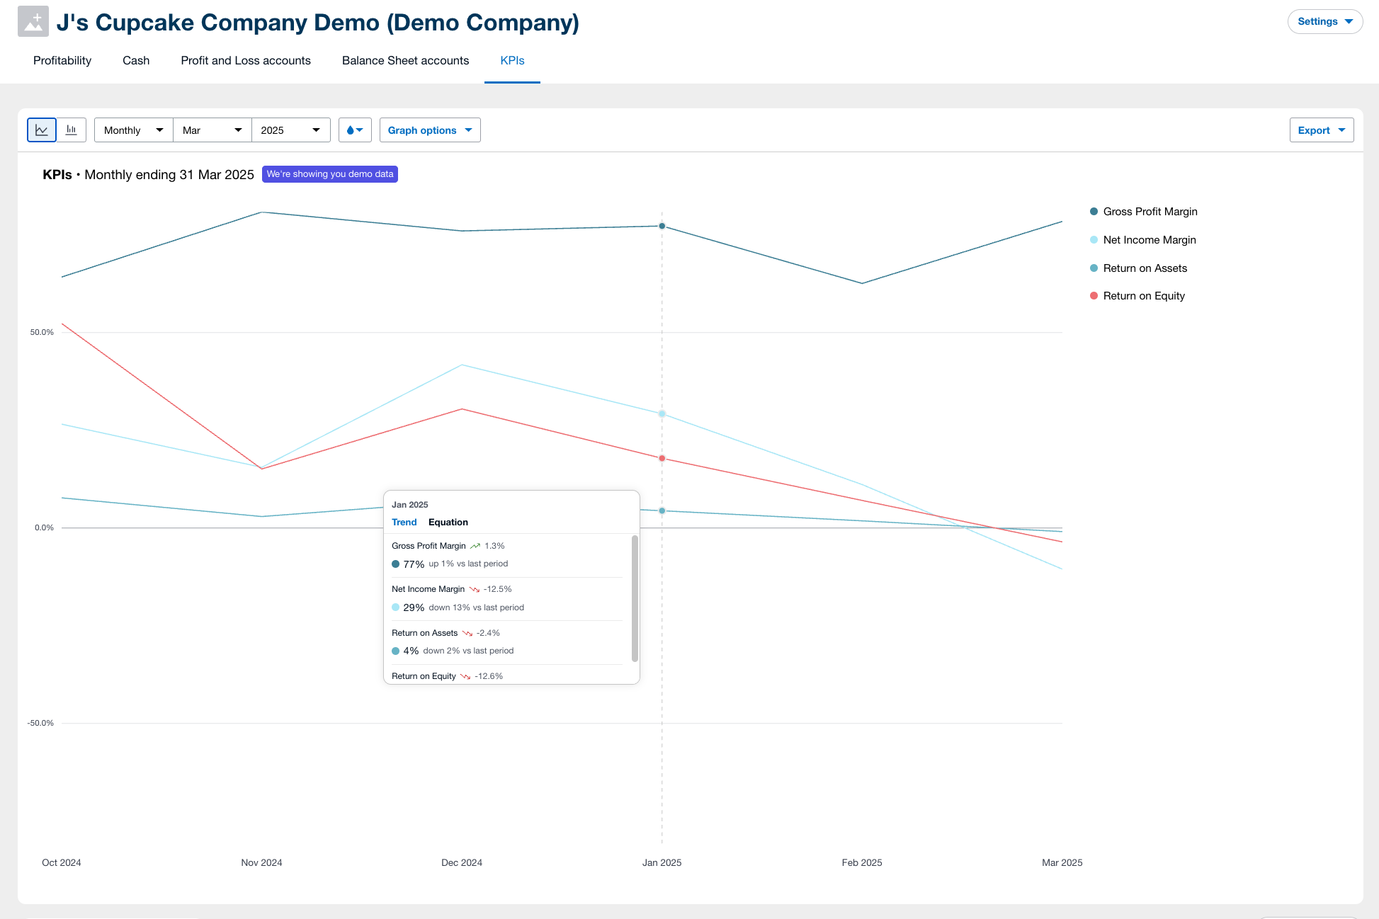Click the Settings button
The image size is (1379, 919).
tap(1324, 22)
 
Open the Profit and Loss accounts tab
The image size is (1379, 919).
tap(245, 61)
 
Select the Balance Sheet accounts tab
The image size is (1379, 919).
tap(405, 61)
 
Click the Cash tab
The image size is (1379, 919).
tap(135, 61)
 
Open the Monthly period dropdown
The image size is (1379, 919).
tap(133, 130)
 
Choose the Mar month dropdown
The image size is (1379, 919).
tap(212, 130)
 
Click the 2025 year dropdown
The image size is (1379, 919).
tap(290, 130)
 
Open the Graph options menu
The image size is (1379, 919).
tap(429, 130)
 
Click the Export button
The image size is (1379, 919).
tap(1321, 130)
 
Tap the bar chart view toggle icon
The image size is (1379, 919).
tap(72, 130)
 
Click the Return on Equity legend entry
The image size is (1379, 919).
tap(1143, 296)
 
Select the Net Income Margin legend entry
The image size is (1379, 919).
tap(1149, 240)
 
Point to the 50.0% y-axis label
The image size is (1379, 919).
tap(42, 332)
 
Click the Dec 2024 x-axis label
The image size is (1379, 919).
tap(461, 862)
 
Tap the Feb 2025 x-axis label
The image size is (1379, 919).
tap(861, 862)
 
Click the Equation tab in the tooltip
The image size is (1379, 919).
tap(448, 523)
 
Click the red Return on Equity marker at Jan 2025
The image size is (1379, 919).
tap(662, 459)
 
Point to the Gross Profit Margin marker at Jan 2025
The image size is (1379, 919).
tap(662, 227)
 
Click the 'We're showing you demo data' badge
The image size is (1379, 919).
tap(329, 174)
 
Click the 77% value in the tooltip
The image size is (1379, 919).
tap(414, 564)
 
